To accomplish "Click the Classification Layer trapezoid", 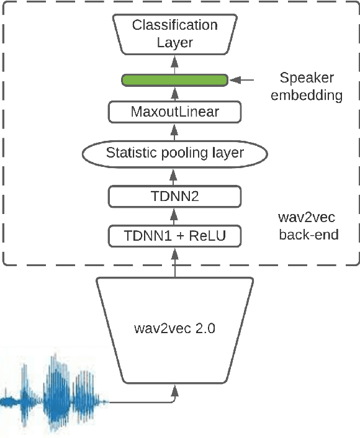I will click(x=174, y=34).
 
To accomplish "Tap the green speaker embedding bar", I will click(x=174, y=79).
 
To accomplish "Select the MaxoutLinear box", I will click(x=174, y=112).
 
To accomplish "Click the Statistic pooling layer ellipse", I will click(x=174, y=153).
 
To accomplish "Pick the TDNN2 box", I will click(x=174, y=196).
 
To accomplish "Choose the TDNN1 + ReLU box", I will click(x=174, y=236).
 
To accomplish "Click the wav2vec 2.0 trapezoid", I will click(x=174, y=329).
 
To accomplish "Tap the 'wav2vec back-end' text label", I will click(x=308, y=226).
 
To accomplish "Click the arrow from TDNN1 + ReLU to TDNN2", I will click(x=174, y=217).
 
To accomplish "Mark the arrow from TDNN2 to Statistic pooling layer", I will click(x=174, y=176).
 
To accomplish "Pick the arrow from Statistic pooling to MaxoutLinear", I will click(x=174, y=133).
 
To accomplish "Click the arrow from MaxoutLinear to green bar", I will click(x=174, y=94).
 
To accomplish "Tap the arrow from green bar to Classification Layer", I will click(x=174, y=65).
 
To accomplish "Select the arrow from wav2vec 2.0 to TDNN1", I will click(x=174, y=262).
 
